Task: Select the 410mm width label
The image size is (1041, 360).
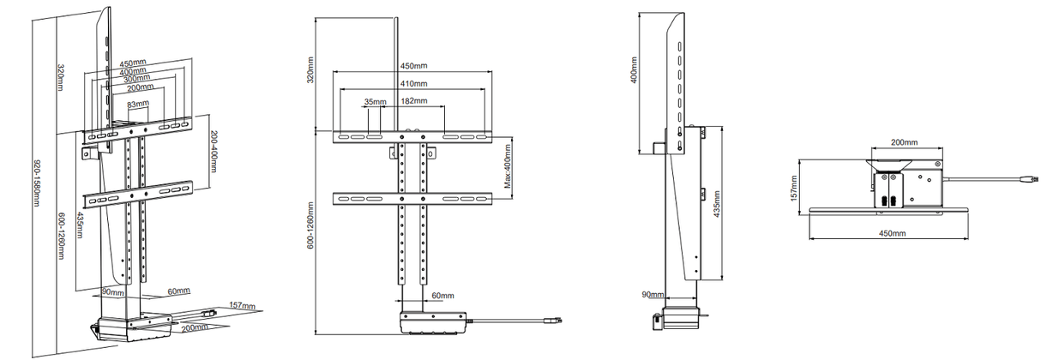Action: (414, 84)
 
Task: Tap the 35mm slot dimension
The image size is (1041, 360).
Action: (374, 102)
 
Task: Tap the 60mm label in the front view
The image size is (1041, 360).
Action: (442, 296)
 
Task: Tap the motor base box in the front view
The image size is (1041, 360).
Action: (432, 324)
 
